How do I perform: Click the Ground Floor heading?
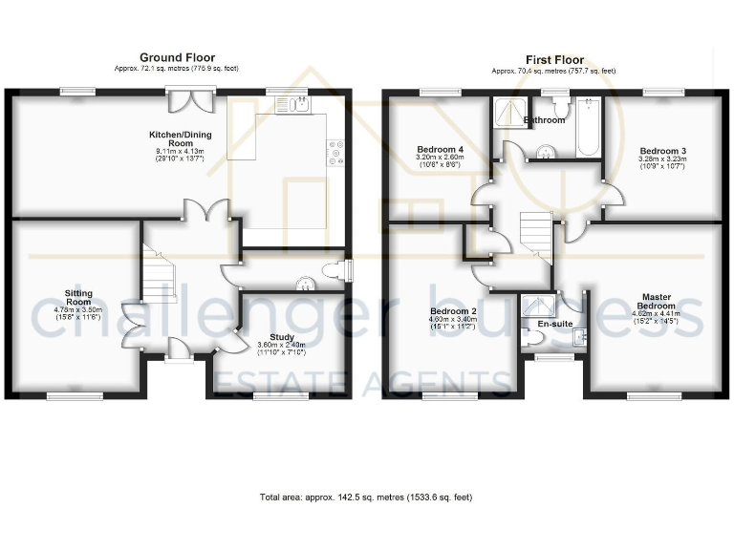(x=177, y=58)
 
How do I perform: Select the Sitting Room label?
(x=78, y=298)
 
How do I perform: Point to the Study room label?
(x=281, y=337)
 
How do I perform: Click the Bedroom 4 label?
(x=440, y=150)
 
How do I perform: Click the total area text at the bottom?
(x=366, y=497)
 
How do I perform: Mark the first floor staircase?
(x=535, y=232)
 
